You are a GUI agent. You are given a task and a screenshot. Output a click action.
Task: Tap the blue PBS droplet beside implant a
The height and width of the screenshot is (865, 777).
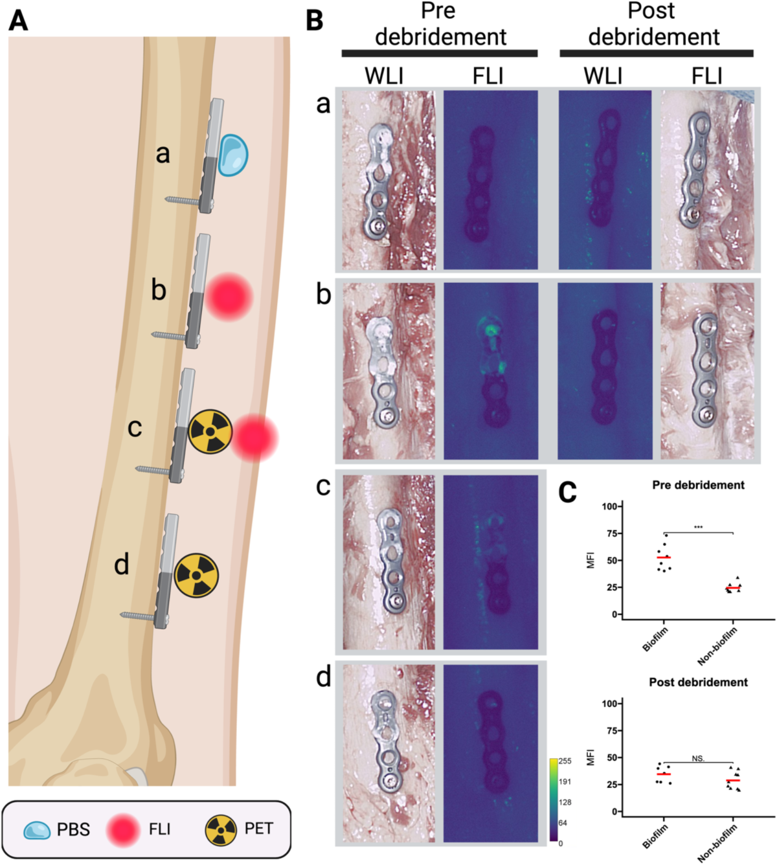point(233,155)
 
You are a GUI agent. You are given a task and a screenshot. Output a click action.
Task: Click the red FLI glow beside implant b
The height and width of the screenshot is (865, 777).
point(229,297)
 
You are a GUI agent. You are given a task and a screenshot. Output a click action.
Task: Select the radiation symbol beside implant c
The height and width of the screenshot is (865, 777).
point(210,431)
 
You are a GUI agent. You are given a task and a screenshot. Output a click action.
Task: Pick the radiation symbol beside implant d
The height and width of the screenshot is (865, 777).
point(196,575)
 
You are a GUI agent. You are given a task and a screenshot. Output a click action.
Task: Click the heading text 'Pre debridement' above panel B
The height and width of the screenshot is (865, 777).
point(440,25)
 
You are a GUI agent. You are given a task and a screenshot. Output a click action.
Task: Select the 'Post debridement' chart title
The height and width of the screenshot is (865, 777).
point(698,682)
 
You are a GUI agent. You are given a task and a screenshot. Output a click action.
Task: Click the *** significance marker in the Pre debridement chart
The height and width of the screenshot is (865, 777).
point(698,528)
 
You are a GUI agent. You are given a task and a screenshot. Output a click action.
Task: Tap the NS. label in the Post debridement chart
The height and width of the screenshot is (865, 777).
point(698,758)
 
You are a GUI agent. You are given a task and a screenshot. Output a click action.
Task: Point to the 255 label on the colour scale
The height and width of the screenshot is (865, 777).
point(565,761)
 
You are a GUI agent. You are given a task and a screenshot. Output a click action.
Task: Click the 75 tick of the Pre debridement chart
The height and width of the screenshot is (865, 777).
point(611,534)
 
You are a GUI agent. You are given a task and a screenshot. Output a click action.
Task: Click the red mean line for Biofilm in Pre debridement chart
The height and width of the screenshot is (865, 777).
point(664,557)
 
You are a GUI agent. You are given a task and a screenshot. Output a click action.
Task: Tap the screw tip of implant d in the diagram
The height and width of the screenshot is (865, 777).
point(124,614)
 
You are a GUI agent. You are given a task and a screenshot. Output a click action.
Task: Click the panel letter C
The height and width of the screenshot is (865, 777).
point(567,493)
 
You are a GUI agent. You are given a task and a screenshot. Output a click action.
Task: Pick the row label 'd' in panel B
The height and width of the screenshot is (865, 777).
point(323,677)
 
